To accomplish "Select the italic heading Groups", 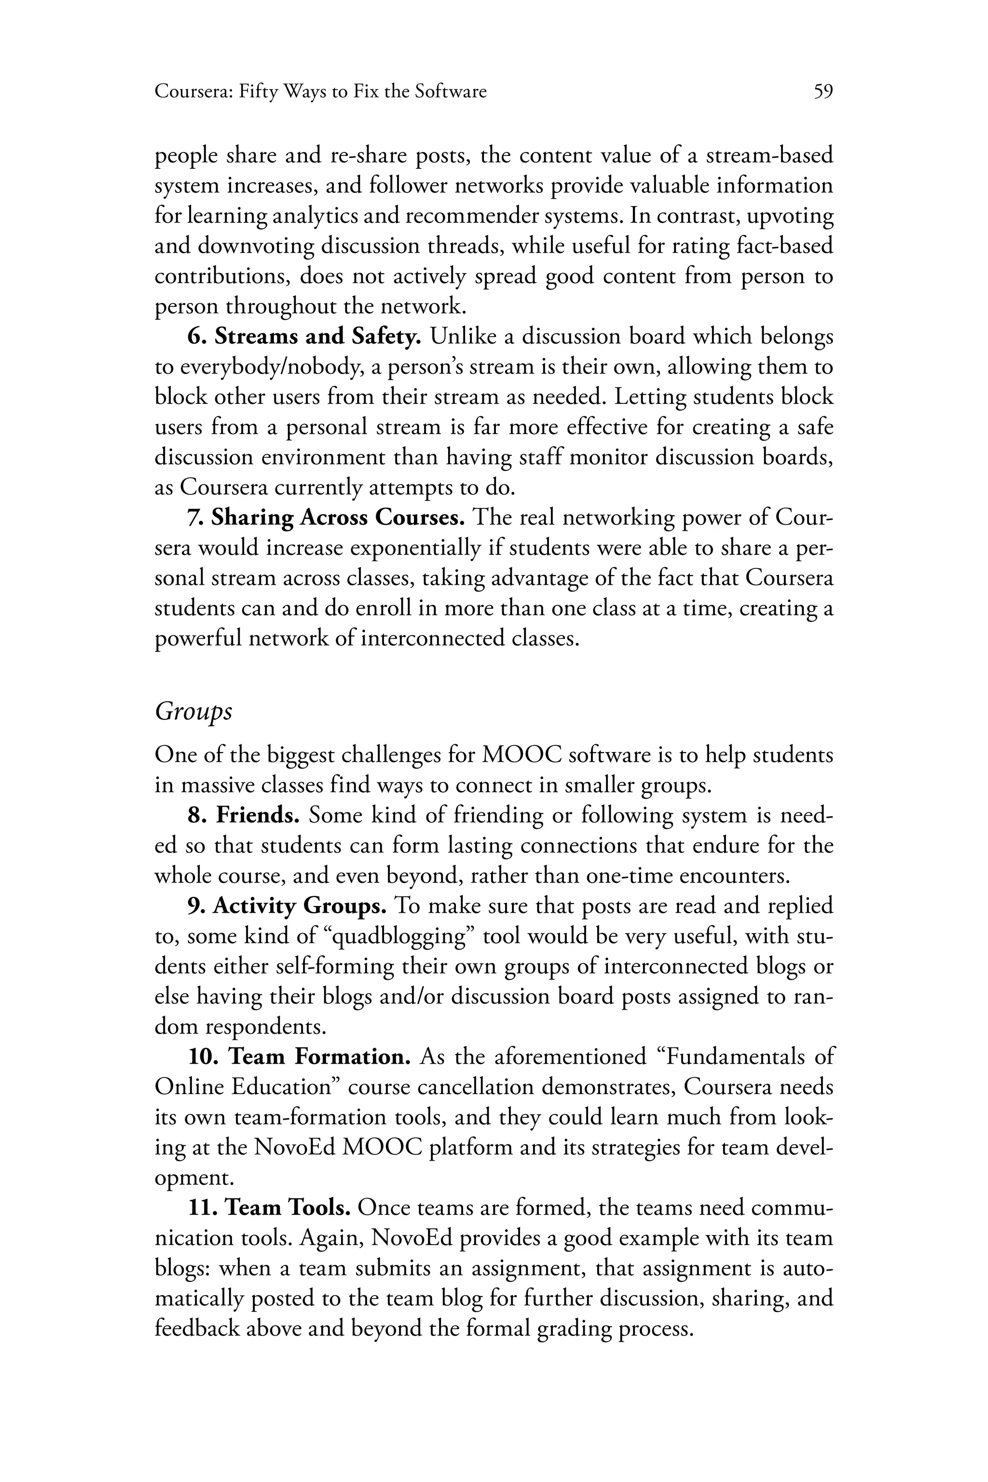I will [x=193, y=712].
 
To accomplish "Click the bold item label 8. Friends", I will [x=243, y=815].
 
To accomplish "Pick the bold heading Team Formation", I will [x=319, y=1057].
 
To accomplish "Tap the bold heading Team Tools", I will [x=288, y=1208].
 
